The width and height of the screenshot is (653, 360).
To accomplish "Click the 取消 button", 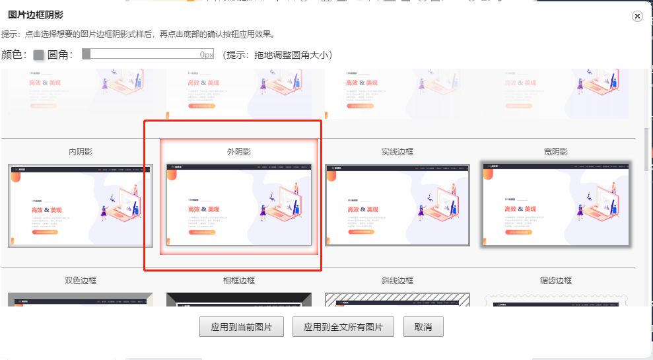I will [423, 327].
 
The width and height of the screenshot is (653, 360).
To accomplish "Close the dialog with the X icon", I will [637, 17].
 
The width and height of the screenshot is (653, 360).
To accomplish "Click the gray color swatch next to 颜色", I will [38, 55].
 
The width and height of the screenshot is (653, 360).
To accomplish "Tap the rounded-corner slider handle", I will [86, 54].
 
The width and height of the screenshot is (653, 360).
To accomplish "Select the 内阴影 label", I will [81, 152].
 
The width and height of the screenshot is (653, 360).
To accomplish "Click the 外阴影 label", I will [239, 152].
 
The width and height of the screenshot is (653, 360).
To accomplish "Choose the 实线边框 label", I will [397, 152].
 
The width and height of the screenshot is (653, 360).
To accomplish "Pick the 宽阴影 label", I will [556, 152].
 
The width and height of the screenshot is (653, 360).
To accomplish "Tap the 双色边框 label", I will [81, 280].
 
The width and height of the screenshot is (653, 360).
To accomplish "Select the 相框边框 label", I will [239, 280].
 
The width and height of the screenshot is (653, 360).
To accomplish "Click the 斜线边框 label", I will [397, 280].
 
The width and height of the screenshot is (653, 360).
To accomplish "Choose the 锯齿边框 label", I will [556, 280].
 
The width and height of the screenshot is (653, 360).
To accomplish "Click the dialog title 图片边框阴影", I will [36, 15].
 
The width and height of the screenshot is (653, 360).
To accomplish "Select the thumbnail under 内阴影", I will [81, 205].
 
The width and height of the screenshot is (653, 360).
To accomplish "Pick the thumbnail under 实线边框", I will [397, 205].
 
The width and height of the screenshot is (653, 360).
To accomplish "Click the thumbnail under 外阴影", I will [239, 205].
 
